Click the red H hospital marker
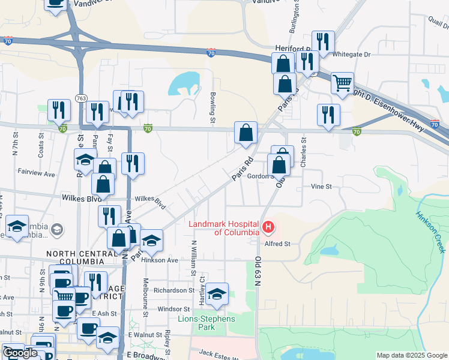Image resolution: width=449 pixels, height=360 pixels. tap(269, 228)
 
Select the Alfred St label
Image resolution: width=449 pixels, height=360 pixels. tap(278, 244)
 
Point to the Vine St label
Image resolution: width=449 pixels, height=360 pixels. tap(321, 187)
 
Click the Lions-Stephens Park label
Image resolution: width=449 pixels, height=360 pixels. tap(206, 323)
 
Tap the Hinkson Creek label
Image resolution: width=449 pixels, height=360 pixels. tap(431, 231)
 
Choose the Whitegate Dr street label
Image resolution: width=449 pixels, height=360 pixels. tap(351, 55)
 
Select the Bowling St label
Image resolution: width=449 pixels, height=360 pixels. tap(213, 106)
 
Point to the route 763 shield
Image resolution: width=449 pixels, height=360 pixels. tap(80, 98)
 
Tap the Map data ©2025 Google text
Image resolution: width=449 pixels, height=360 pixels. tap(412, 355)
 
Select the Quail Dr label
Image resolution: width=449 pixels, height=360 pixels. tap(438, 23)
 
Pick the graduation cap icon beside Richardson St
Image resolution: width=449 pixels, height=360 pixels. tap(217, 294)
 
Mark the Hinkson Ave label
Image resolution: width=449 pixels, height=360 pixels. tap(164, 260)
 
